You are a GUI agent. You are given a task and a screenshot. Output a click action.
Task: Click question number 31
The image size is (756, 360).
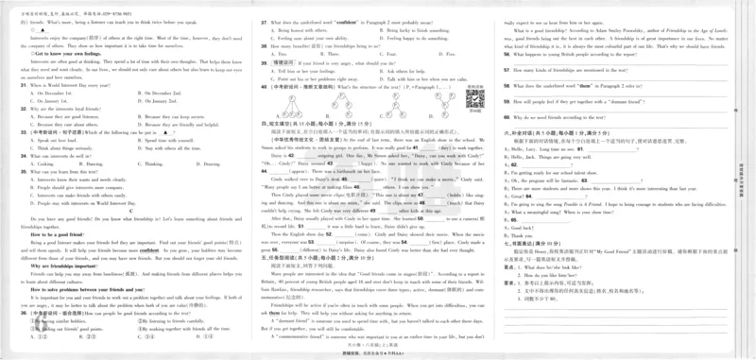coord(23,85)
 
